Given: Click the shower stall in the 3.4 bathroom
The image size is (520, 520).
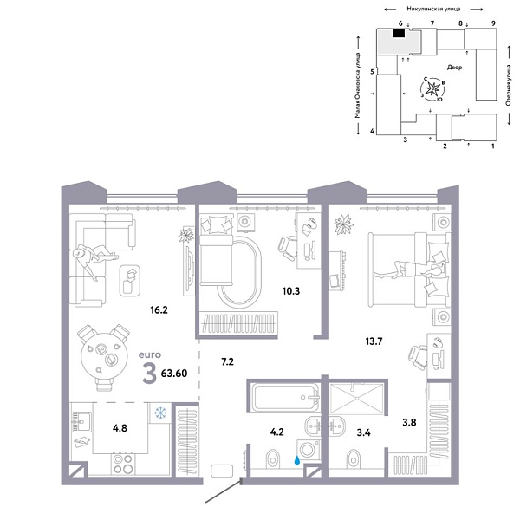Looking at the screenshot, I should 357,400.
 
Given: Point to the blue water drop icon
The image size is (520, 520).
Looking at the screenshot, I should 301,462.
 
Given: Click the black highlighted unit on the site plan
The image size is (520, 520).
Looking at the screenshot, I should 399,34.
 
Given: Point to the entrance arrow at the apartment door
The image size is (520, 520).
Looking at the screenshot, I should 219,496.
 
